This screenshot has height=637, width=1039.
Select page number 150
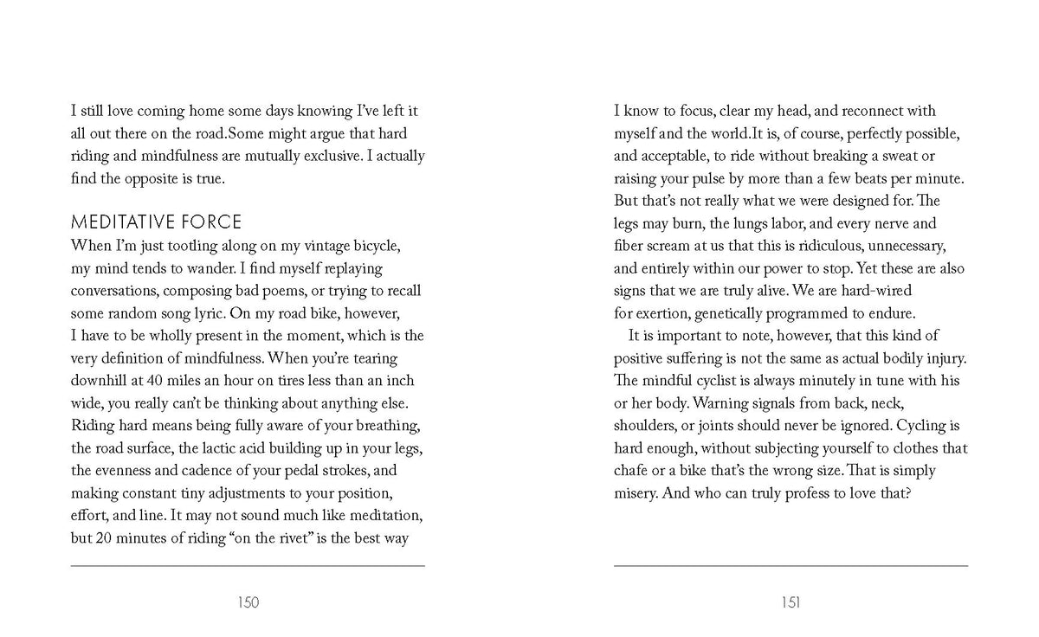click(248, 602)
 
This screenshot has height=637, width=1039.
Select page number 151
click(791, 602)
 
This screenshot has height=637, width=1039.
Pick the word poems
click(281, 291)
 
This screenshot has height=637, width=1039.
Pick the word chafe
click(633, 471)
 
